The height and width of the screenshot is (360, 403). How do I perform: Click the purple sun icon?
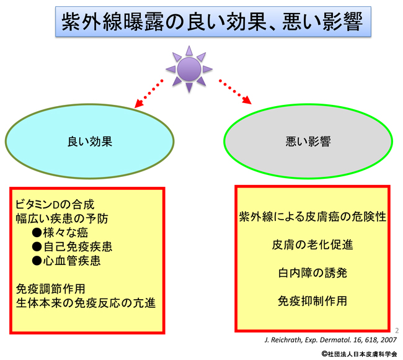coord(189,69)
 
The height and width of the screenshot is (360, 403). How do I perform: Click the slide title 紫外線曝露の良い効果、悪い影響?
coord(213,22)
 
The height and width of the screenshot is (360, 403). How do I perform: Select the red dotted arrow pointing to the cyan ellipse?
coord(149,94)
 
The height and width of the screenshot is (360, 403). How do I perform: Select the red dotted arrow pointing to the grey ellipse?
coord(235,92)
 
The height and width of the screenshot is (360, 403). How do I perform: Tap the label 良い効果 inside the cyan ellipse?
coord(90,142)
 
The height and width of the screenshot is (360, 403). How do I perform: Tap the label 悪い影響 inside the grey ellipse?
coord(308,142)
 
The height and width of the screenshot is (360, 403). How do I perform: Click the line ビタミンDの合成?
coord(55,205)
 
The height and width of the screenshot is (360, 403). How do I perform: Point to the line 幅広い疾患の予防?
coord(62,218)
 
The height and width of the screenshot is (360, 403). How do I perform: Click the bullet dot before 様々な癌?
coord(37,233)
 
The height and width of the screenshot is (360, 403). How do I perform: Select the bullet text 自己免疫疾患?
coord(77,247)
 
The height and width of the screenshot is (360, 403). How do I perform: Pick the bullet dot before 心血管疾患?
coord(37,261)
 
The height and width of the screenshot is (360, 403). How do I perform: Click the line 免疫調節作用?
coord(50,289)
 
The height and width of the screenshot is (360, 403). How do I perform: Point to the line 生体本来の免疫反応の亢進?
coord(86,303)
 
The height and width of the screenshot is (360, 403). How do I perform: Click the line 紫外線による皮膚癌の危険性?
coord(312,217)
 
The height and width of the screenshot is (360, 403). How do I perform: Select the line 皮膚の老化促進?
coord(312,245)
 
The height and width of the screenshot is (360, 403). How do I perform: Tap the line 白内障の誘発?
coord(312,272)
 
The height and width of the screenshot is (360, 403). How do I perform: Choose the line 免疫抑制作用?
coord(312,301)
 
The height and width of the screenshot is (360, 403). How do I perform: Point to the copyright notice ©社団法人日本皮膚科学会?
coord(359,354)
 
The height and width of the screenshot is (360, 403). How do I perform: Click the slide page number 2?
coord(397,330)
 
